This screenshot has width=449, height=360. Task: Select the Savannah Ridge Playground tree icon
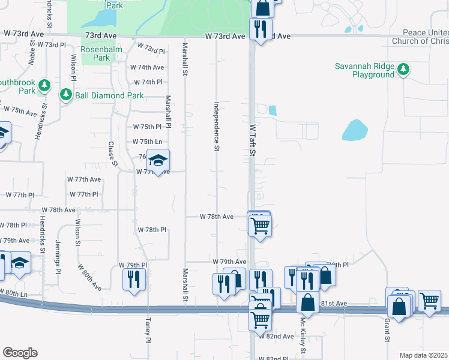tap(404, 70)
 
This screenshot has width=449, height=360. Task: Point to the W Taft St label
tap(253, 140)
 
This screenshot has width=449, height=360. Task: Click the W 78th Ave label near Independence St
tap(217, 217)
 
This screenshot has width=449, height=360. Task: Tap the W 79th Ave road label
tap(229, 262)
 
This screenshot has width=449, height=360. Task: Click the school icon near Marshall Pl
tap(158, 161)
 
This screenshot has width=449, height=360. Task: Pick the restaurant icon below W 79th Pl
tap(133, 279)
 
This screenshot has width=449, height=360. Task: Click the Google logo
tap(20, 353)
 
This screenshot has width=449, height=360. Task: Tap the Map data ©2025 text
tap(423, 355)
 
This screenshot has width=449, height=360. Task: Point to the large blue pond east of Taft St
tap(355, 130)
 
